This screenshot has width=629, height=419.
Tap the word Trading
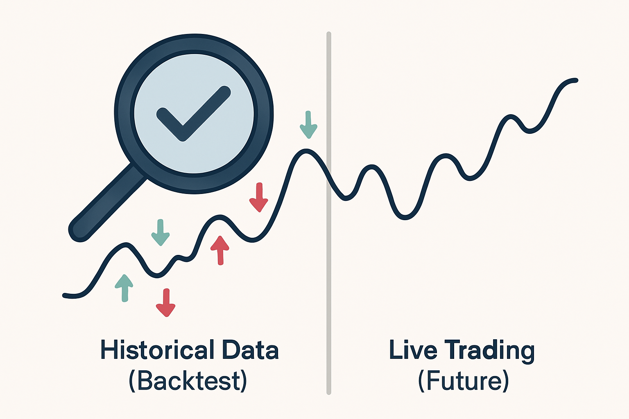pos(490,351)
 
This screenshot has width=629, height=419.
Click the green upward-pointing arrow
pos(124,287)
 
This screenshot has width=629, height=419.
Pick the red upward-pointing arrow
pos(220,249)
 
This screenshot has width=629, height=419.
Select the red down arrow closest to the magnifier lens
pos(259,197)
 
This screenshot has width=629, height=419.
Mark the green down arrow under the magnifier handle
pos(161,232)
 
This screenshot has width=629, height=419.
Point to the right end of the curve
pos(575,80)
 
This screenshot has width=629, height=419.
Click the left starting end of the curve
pos(65,295)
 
